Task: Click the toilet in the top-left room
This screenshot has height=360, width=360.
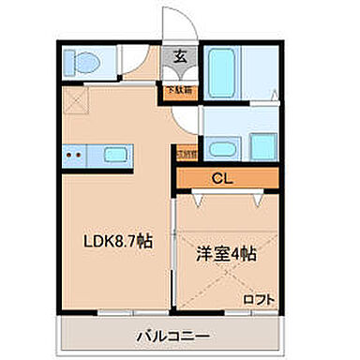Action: pyautogui.click(x=85, y=64)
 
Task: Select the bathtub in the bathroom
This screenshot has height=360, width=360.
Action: pyautogui.click(x=223, y=66)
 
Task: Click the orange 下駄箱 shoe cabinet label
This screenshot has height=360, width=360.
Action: pyautogui.click(x=177, y=91)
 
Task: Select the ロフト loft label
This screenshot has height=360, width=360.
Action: pyautogui.click(x=260, y=299)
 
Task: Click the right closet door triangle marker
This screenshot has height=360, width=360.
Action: pyautogui.click(x=257, y=200)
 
